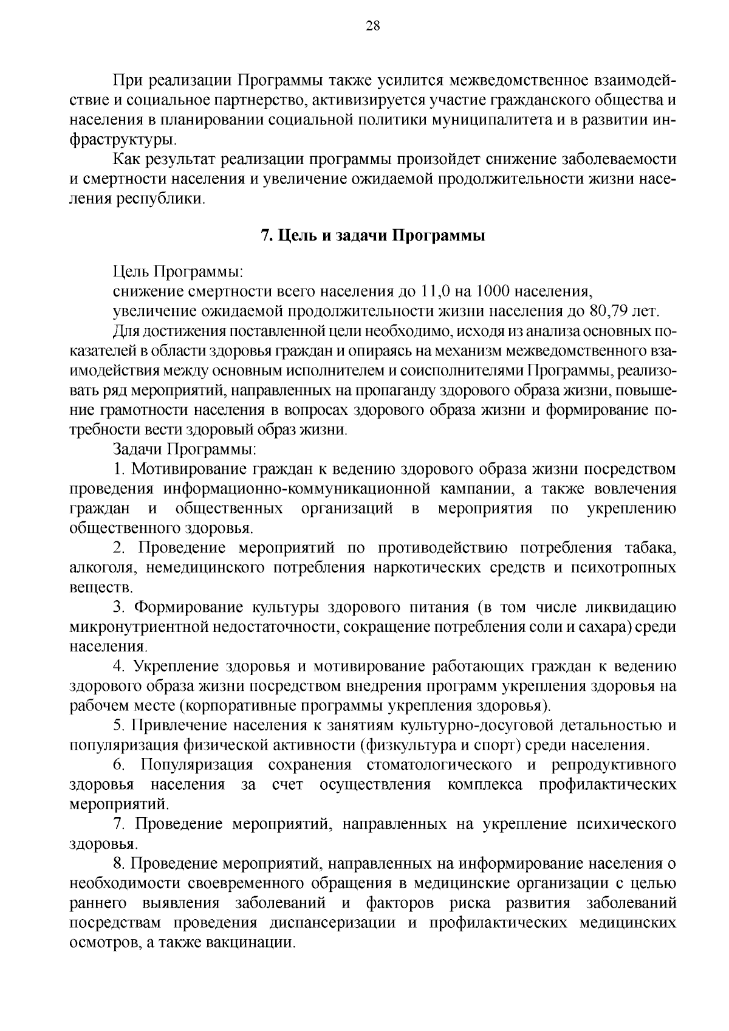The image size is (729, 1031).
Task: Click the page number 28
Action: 373,26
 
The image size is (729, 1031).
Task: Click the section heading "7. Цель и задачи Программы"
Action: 373,236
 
